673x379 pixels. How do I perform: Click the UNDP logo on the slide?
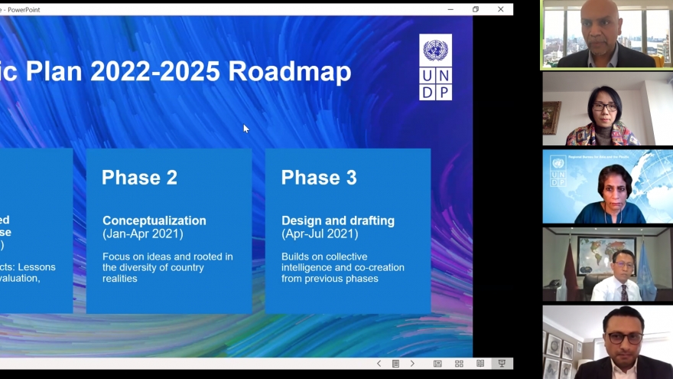coord(435,67)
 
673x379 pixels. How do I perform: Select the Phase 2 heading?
coord(139,178)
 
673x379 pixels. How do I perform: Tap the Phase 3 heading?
coord(319,178)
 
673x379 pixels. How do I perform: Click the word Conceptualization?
coord(154,221)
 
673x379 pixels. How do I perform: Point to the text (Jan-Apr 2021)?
coord(143,234)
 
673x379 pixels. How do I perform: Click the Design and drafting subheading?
coord(338,221)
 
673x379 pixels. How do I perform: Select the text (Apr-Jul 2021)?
coord(320,234)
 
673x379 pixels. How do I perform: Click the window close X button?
coord(501,9)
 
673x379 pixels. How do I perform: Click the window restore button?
coord(476,9)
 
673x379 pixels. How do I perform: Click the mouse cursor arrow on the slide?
coord(245,128)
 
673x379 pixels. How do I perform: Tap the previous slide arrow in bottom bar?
coord(379,364)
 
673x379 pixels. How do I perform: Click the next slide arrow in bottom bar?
coord(412,364)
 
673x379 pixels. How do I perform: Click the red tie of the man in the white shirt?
coord(623,291)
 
